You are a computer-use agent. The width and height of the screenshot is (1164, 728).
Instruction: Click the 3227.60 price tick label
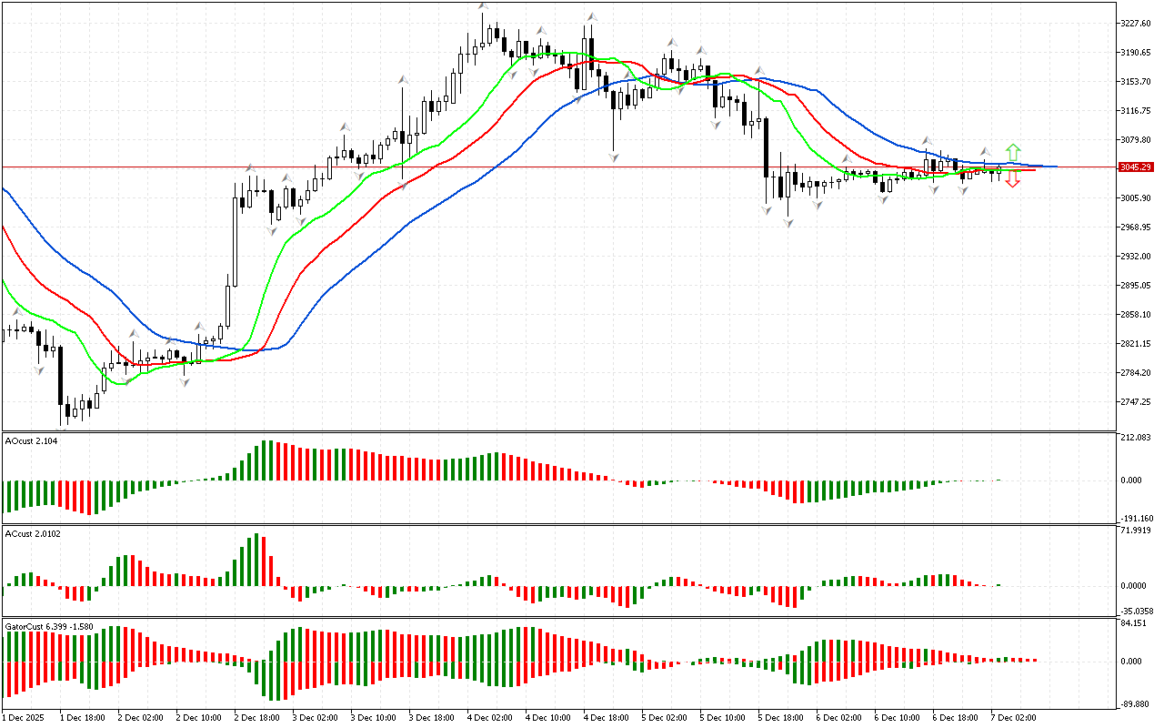[1136, 24]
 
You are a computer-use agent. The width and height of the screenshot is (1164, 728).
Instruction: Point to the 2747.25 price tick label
[1136, 402]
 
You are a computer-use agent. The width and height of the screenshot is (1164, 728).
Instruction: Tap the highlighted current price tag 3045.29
[1137, 167]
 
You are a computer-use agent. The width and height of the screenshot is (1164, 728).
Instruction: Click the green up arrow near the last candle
[1012, 152]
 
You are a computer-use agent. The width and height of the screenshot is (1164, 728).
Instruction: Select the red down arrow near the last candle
[1012, 180]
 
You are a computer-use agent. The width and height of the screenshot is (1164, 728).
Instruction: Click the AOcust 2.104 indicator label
[30, 440]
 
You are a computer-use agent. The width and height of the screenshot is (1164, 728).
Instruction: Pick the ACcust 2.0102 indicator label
[33, 533]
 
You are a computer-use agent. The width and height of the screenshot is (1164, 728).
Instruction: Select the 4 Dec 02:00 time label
[490, 718]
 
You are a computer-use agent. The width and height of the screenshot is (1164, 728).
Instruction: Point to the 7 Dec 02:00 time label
[1014, 718]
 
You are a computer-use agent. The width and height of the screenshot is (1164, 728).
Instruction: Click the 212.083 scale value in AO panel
[1136, 438]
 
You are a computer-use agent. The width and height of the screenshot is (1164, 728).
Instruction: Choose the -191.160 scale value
[1136, 518]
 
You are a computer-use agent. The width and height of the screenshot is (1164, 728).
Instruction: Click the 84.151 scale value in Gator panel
[1136, 623]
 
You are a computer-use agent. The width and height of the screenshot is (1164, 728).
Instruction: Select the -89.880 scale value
[1136, 703]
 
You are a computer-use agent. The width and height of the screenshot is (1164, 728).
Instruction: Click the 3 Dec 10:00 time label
[374, 718]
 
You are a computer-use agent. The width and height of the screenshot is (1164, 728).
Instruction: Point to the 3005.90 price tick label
[1136, 198]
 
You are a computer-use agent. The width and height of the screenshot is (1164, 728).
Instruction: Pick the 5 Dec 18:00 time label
[781, 718]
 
